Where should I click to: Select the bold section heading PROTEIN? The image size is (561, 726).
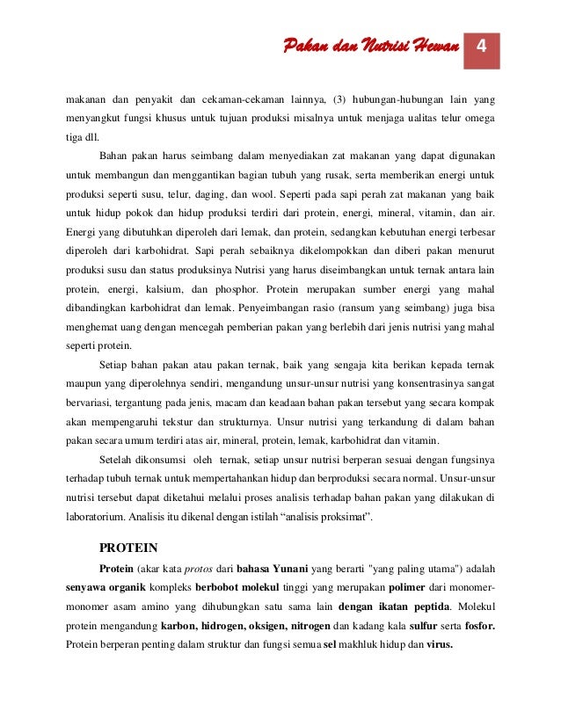[128, 547]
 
